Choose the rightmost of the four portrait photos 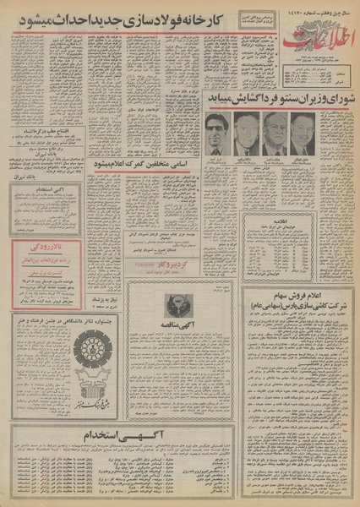pos(303,134)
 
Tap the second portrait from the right pos(274,134)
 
